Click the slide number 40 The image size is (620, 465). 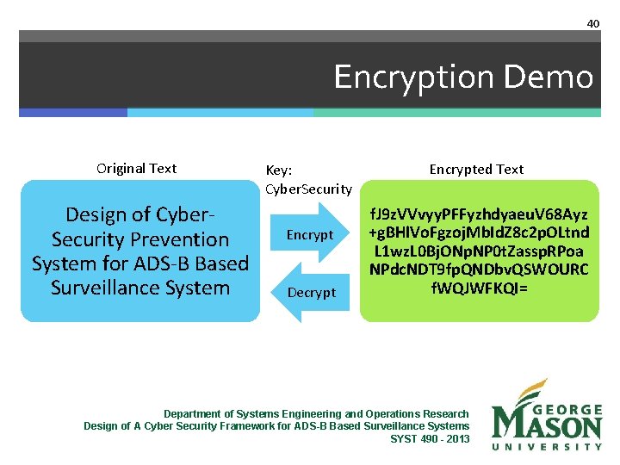[593, 23]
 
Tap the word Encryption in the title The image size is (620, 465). [418, 78]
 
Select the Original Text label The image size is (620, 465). [137, 169]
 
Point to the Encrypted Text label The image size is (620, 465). [476, 170]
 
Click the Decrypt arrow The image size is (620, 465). [311, 293]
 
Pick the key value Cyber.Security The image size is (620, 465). [308, 189]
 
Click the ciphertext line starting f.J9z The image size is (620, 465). [480, 214]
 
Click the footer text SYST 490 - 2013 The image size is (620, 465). [430, 439]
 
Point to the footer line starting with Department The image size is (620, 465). [316, 414]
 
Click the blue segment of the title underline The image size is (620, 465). [73, 112]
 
